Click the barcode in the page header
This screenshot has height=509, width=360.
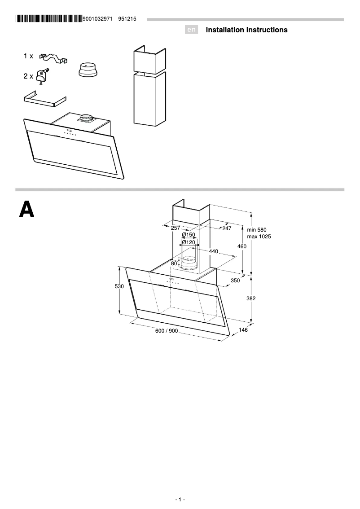(49, 19)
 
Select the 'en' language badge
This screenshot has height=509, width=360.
(192, 30)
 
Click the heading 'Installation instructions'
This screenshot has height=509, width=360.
(246, 30)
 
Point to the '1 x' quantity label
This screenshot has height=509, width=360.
(28, 56)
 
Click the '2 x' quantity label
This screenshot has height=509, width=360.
(28, 76)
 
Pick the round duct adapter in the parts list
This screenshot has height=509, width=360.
(88, 70)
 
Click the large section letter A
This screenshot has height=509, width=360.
(26, 210)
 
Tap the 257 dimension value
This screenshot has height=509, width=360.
(176, 228)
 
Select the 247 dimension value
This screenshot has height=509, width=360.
(226, 228)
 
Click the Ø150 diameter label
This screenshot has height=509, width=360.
(189, 235)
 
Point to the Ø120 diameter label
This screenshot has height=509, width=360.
(189, 242)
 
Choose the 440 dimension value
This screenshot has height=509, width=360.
(213, 251)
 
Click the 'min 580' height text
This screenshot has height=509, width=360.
(257, 230)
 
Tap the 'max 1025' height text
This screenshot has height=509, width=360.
(259, 237)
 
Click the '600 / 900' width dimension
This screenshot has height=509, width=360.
(167, 331)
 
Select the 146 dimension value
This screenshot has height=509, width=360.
(243, 330)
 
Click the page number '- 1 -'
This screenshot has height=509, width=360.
(180, 500)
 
